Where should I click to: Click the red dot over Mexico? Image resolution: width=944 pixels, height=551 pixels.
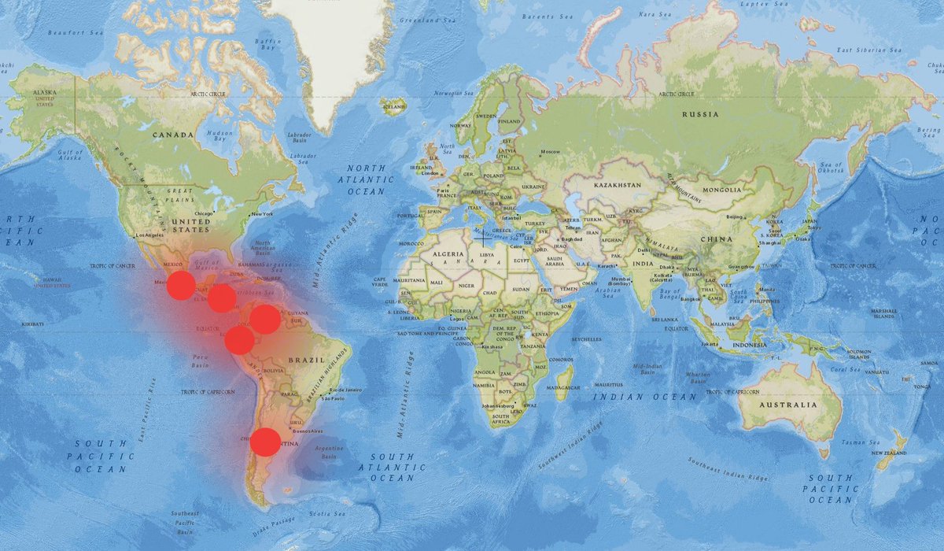tap(181, 285)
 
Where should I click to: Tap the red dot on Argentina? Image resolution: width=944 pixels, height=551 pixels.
tap(265, 442)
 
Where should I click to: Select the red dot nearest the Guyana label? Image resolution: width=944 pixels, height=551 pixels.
tap(265, 319)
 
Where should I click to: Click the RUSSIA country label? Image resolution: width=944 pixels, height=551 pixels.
tap(701, 114)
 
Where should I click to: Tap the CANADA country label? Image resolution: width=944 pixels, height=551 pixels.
tap(172, 135)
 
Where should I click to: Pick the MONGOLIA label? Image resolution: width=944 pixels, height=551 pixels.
tap(721, 190)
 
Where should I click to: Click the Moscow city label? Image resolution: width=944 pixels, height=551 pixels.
tap(549, 151)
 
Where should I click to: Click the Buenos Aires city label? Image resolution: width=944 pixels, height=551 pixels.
tap(308, 432)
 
